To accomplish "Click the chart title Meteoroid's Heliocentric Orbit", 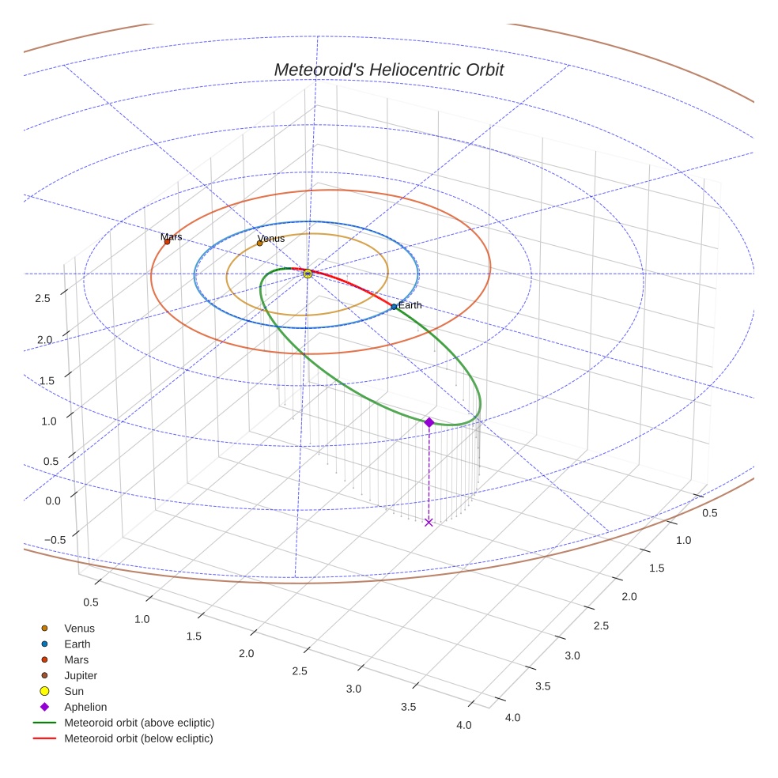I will click(388, 70).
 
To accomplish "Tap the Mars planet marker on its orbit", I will click(167, 241).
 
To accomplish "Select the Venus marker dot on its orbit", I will click(259, 243).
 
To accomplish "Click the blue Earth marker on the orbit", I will click(394, 306).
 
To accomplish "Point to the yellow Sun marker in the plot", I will click(308, 274).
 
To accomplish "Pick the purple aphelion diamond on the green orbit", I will click(429, 422).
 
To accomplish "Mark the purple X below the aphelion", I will click(429, 522).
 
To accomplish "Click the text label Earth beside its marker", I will click(410, 305).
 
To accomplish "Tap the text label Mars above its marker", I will click(171, 236).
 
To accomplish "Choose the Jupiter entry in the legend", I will click(81, 675).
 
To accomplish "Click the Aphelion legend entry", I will click(85, 707).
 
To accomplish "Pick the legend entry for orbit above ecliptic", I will click(139, 723).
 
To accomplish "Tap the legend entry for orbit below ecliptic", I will click(138, 738).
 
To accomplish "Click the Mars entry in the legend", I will click(76, 659).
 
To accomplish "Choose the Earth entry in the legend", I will click(77, 644).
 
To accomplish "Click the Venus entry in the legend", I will click(79, 628).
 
